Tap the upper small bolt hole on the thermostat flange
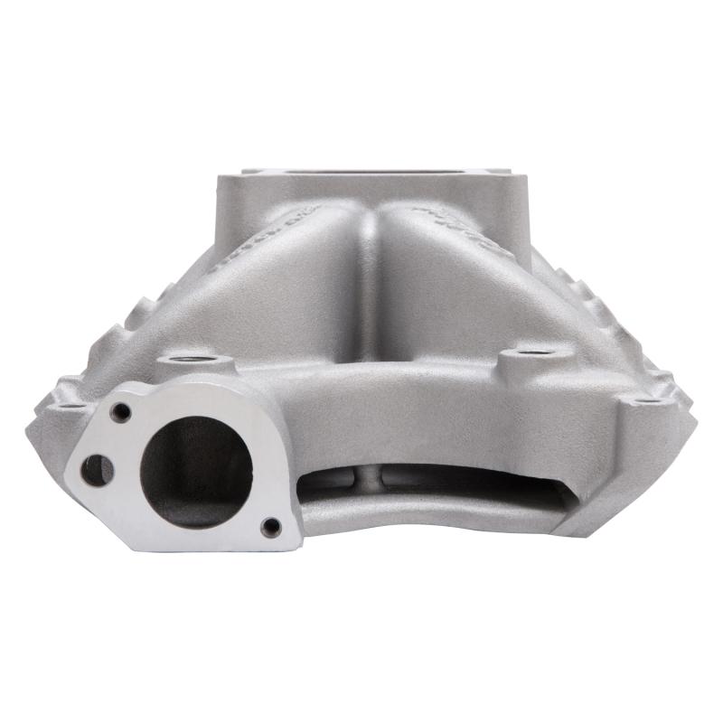point(120,411)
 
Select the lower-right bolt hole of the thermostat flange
point(268,526)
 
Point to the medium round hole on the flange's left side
point(96,469)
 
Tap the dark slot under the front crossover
point(434,484)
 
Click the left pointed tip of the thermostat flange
point(69,470)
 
